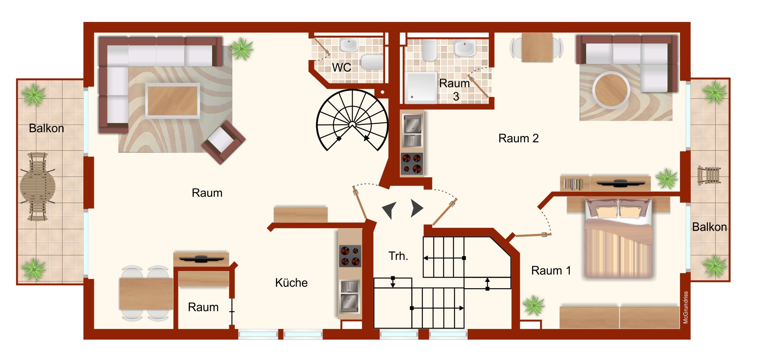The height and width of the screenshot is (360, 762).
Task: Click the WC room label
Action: tap(342, 67)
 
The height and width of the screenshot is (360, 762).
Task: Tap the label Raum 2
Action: tap(518, 138)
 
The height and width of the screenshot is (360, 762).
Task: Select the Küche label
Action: tap(291, 283)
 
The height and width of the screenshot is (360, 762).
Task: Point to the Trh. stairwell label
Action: tap(398, 256)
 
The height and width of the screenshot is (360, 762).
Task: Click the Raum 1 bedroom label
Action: tap(551, 271)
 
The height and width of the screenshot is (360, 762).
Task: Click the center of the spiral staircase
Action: tap(352, 125)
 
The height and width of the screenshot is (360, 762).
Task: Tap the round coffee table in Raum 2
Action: tap(611, 90)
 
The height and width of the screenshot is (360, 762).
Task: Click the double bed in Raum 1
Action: tap(618, 239)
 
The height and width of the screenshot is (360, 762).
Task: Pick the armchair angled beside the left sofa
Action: tap(223, 142)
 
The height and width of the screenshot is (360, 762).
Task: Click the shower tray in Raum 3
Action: tap(421, 88)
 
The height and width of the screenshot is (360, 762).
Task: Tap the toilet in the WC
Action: tap(373, 62)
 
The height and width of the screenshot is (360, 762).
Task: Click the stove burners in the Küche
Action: tap(350, 256)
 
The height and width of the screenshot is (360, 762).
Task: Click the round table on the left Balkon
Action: tap(38, 187)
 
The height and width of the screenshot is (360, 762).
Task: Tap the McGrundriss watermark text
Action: tap(686, 307)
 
